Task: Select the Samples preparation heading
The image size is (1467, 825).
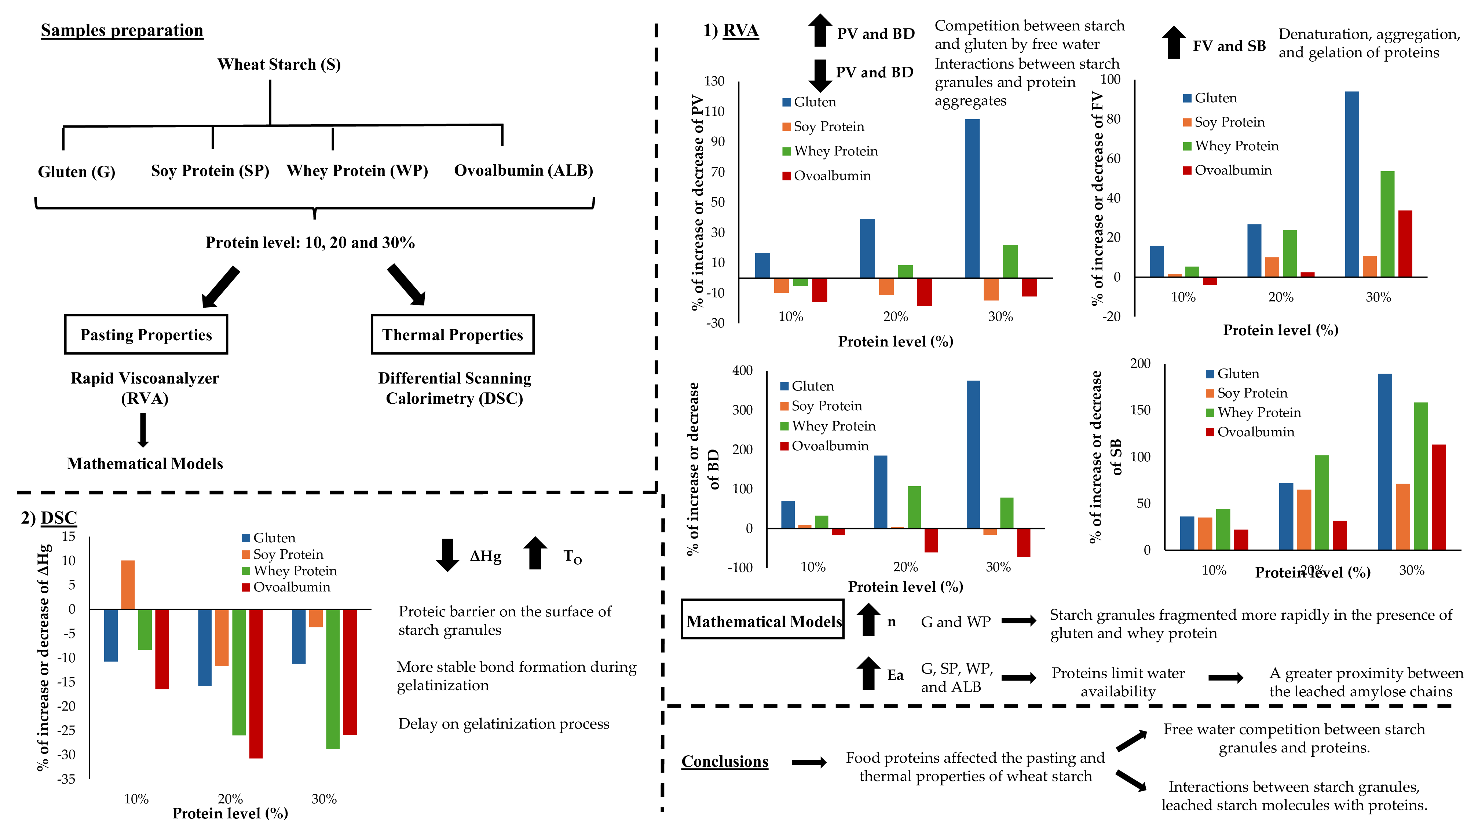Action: (122, 30)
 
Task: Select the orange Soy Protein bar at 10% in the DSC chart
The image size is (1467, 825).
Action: (128, 585)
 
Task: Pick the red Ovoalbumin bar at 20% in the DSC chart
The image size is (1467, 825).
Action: (256, 683)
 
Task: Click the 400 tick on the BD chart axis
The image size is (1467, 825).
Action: (742, 371)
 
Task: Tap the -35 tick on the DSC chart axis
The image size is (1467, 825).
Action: (67, 779)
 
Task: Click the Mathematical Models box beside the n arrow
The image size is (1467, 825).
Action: (762, 619)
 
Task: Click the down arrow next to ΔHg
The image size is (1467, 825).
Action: (447, 554)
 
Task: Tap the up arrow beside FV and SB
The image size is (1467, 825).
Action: (1173, 42)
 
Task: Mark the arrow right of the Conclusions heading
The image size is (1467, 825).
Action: (809, 762)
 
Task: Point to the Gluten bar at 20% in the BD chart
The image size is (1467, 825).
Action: (881, 492)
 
